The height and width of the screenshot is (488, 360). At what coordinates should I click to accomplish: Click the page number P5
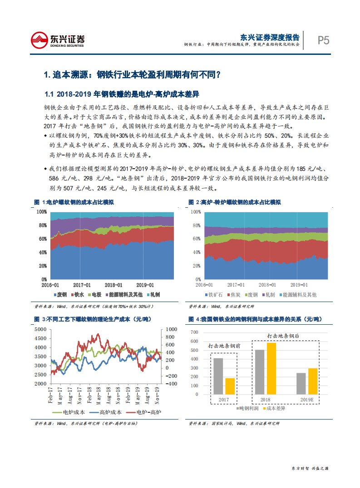pyautogui.click(x=323, y=40)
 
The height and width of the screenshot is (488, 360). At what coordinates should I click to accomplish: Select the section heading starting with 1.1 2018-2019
pyautogui.click(x=122, y=94)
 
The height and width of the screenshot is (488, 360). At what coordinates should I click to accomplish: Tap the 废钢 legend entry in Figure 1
pyautogui.click(x=59, y=295)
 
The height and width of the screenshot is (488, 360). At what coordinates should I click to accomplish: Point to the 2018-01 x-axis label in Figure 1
pyautogui.click(x=113, y=285)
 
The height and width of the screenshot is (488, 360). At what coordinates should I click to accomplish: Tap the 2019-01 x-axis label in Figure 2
pyautogui.click(x=299, y=285)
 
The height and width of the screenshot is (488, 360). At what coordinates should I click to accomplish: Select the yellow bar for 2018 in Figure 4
pyautogui.click(x=271, y=368)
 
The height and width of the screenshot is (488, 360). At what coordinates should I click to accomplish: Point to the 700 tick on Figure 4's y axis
pyautogui.click(x=195, y=330)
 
